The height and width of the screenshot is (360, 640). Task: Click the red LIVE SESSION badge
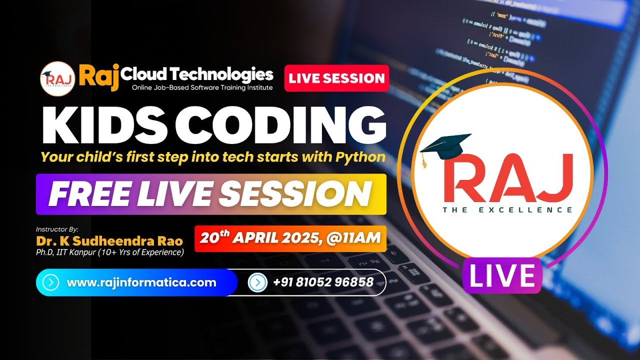[x=336, y=78]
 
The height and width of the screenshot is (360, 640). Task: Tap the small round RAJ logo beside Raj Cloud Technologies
[x=57, y=78]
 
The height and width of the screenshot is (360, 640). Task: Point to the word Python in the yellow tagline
[x=359, y=157]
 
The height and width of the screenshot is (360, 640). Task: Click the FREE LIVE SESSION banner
[x=210, y=194]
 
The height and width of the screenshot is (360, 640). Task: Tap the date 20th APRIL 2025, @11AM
[x=290, y=238]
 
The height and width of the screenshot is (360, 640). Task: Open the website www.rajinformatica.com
[x=141, y=282]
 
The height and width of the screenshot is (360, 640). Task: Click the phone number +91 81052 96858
[x=323, y=282]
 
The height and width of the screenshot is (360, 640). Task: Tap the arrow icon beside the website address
[x=51, y=282]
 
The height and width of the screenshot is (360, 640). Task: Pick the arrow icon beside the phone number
[x=257, y=282]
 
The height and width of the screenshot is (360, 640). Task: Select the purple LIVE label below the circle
[x=501, y=276]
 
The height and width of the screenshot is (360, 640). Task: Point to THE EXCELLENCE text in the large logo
[x=507, y=209]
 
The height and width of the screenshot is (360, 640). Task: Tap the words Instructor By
[x=57, y=229]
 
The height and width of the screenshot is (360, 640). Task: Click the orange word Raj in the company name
[x=98, y=76]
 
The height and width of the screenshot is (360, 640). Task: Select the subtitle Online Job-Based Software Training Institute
[x=202, y=87]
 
